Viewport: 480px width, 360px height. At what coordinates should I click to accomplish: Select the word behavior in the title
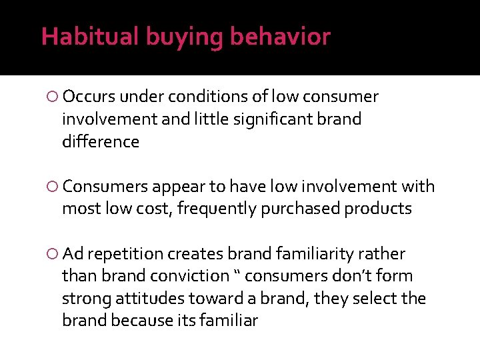pyautogui.click(x=280, y=37)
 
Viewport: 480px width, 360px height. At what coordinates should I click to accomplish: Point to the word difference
pyautogui.click(x=100, y=142)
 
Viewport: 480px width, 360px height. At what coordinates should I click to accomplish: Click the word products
pyautogui.click(x=379, y=209)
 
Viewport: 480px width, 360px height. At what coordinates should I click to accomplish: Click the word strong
pyautogui.click(x=83, y=299)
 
